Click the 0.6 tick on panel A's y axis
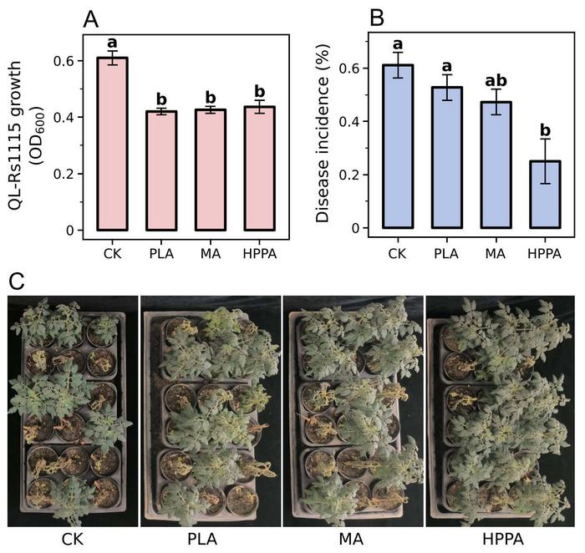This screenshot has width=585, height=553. click(x=67, y=61)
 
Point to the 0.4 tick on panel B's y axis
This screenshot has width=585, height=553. click(x=353, y=121)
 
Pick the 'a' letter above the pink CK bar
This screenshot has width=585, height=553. click(x=109, y=41)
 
